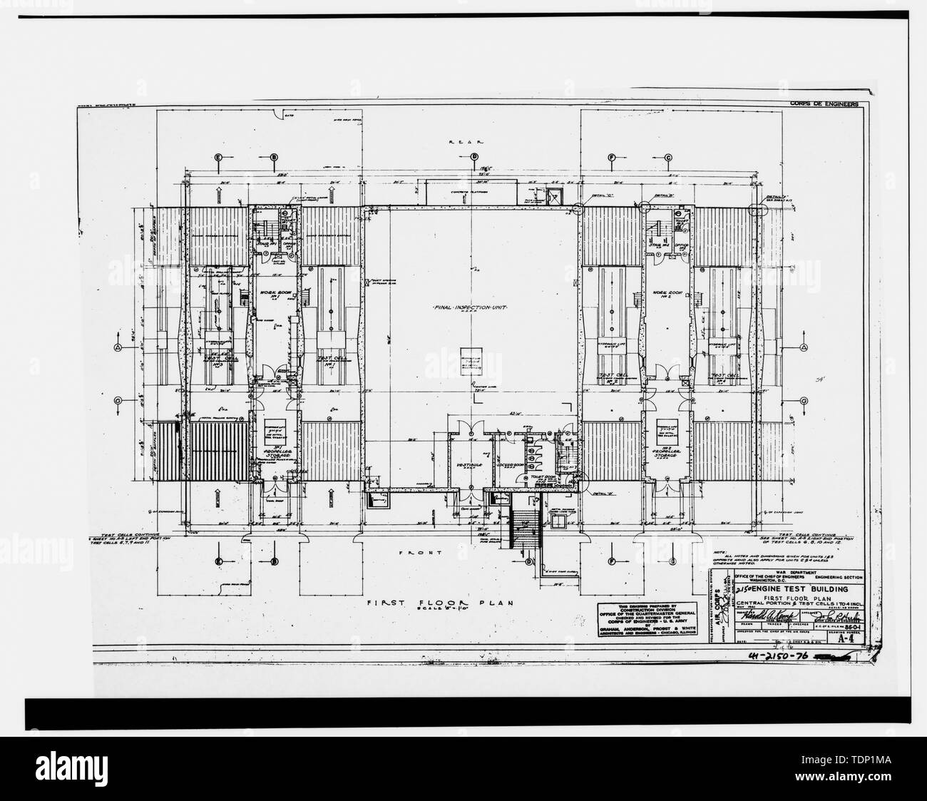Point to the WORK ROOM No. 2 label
coord(669,295)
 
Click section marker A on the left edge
coord(117,347)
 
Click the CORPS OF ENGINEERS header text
coord(824,104)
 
